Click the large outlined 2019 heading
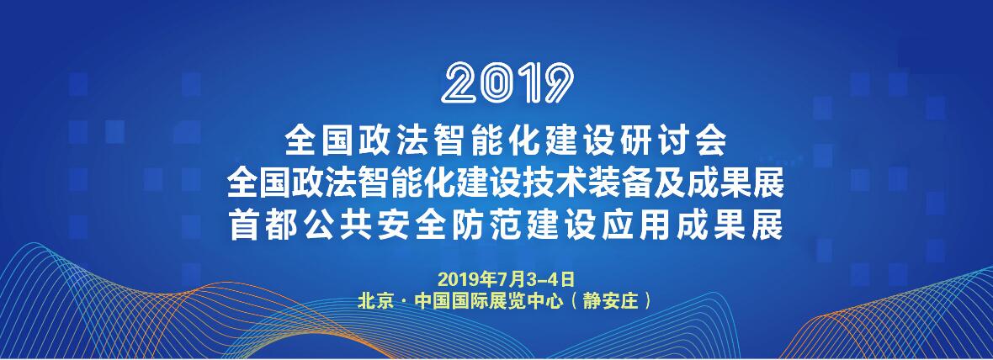[507, 83]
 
